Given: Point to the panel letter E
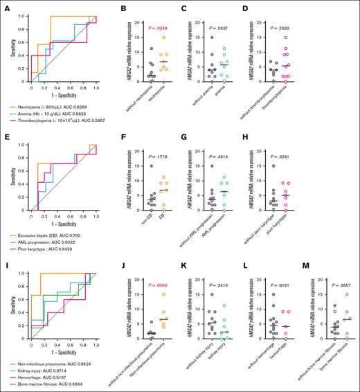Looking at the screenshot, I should [x=4, y=139].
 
